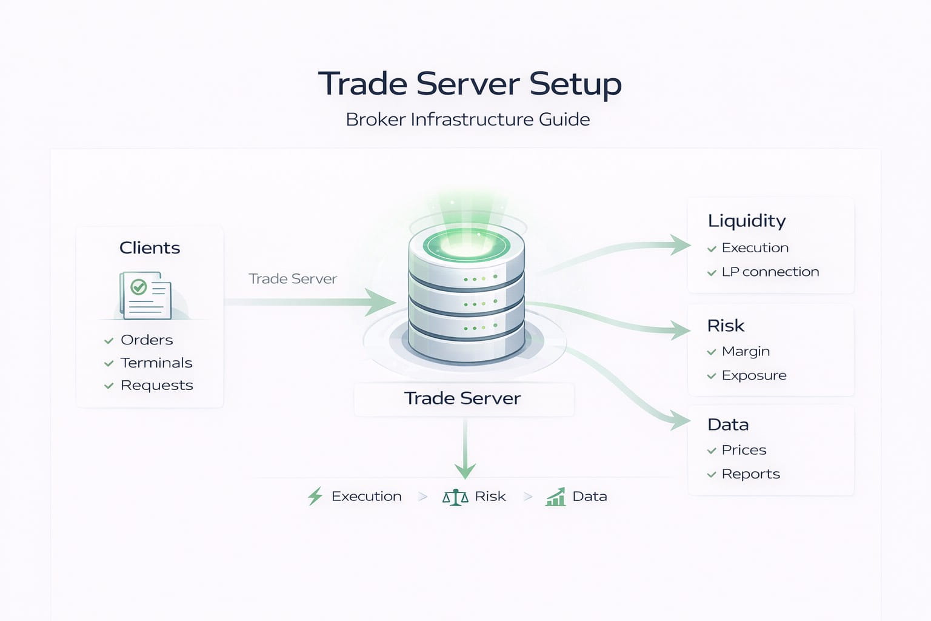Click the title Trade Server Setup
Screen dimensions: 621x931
point(470,84)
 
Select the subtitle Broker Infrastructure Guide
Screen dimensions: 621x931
point(467,119)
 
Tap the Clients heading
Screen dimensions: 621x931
point(150,248)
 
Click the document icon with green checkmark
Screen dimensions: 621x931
point(145,295)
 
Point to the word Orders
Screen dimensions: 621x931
point(147,340)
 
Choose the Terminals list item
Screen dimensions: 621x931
point(156,363)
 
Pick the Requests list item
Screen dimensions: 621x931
point(156,386)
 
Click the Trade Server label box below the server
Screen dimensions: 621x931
point(463,398)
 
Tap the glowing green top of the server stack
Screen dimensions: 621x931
point(465,244)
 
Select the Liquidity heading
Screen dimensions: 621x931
point(747,221)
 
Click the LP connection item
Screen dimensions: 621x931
point(770,272)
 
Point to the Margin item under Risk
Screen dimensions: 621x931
point(746,352)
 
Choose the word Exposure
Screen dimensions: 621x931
point(754,376)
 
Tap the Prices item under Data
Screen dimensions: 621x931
point(744,450)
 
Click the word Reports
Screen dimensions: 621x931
point(750,474)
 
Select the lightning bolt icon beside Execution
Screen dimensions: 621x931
point(315,496)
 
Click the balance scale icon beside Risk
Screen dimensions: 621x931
point(455,497)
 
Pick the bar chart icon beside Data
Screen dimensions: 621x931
point(555,497)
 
